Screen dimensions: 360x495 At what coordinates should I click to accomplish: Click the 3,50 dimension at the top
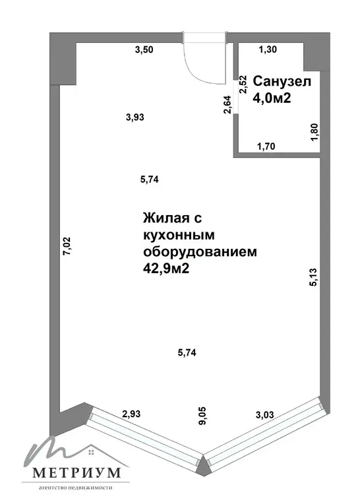pyautogui.click(x=144, y=49)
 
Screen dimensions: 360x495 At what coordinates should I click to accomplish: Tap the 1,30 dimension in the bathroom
pyautogui.click(x=268, y=49)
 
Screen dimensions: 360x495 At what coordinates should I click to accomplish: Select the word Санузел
pyautogui.click(x=282, y=81)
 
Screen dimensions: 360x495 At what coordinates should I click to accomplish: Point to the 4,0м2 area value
pyautogui.click(x=272, y=98)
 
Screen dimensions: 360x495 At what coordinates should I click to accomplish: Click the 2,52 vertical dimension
pyautogui.click(x=243, y=84)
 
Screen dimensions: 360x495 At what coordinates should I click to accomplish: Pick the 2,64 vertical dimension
pyautogui.click(x=227, y=104)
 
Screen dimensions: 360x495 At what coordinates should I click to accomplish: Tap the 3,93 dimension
pyautogui.click(x=135, y=117)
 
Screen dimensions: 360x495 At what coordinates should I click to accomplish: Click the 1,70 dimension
pyautogui.click(x=266, y=147)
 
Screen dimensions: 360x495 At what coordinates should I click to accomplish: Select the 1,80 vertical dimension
pyautogui.click(x=315, y=132)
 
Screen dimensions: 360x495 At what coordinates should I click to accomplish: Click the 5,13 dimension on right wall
pyautogui.click(x=314, y=277)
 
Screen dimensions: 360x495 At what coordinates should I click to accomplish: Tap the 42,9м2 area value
pyautogui.click(x=166, y=269)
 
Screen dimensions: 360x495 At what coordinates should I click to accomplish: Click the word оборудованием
pyautogui.click(x=200, y=252)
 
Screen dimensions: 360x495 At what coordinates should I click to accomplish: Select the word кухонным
pyautogui.click(x=179, y=235)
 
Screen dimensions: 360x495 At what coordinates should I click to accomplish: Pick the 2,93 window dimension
pyautogui.click(x=131, y=414)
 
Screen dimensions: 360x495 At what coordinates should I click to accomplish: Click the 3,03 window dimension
pyautogui.click(x=265, y=414)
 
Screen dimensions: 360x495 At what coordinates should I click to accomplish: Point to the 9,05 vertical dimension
pyautogui.click(x=202, y=416)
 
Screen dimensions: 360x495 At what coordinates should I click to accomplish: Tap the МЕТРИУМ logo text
pyautogui.click(x=76, y=473)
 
